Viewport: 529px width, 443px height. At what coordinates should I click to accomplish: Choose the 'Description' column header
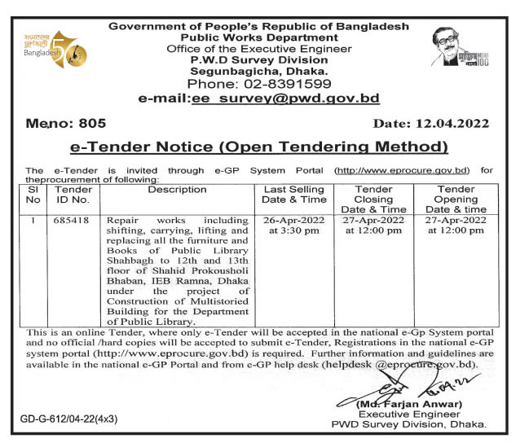[x=177, y=190]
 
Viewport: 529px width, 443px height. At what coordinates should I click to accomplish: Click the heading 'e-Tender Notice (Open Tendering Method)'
[x=258, y=147]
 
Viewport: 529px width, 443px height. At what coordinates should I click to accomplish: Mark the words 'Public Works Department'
[x=258, y=37]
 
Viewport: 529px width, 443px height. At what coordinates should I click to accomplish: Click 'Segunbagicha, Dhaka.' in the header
[x=258, y=71]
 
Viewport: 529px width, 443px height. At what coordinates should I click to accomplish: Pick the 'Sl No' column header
[x=33, y=195]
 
